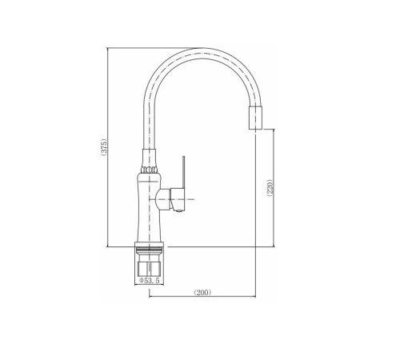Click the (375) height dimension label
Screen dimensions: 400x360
tap(104, 146)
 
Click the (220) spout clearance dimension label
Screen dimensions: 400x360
tap(270, 187)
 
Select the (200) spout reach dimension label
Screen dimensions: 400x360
tap(202, 293)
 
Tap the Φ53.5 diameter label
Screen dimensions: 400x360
tap(150, 281)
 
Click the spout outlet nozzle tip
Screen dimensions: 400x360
tap(256, 118)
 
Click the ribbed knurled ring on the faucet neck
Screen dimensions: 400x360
tap(149, 170)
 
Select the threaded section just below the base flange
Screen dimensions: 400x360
tap(149, 250)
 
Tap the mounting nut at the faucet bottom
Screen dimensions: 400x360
tap(149, 269)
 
